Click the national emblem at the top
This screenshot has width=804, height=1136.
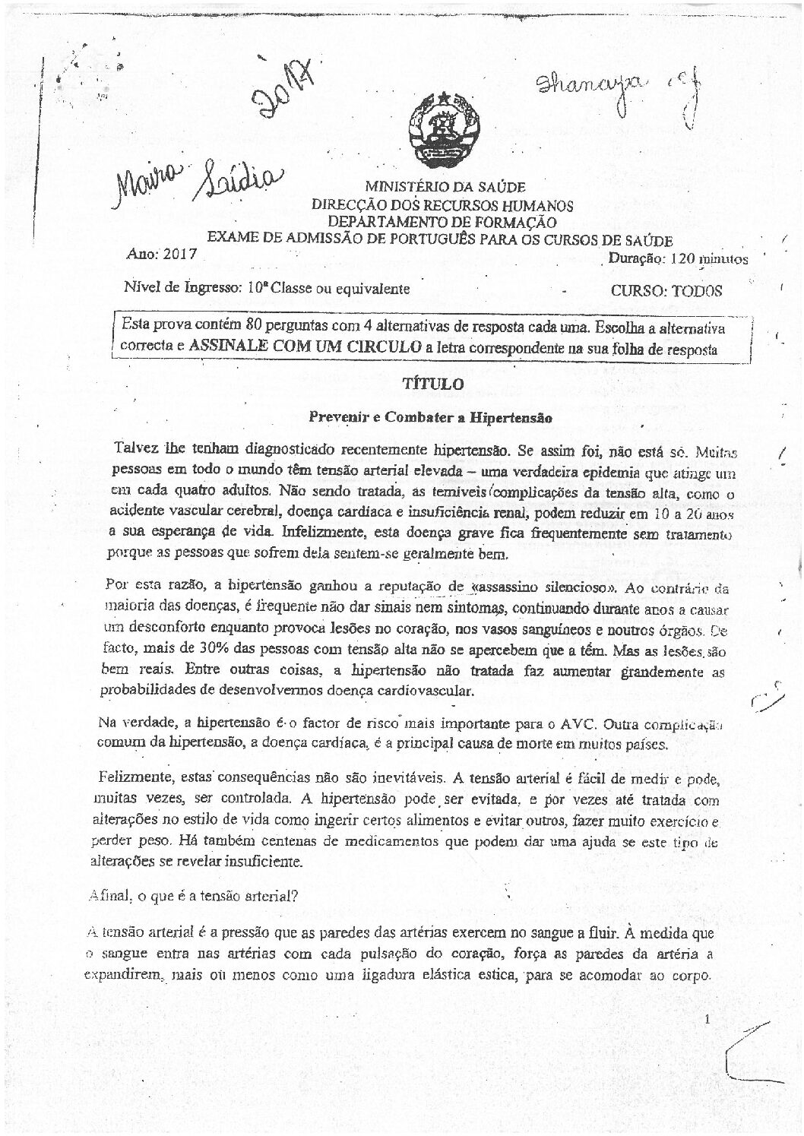[442, 130]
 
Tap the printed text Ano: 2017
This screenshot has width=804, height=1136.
[161, 255]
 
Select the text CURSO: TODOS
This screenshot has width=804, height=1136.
[666, 290]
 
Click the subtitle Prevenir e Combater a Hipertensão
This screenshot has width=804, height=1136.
[430, 417]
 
